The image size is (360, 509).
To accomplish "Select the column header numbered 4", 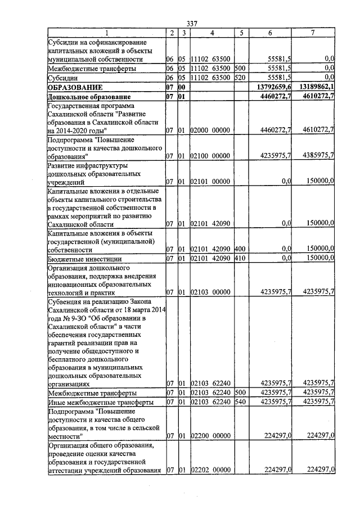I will point(211,33).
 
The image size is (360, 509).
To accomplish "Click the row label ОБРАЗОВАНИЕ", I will point(75,88).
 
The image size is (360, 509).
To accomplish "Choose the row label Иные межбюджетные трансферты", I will point(93,403).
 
